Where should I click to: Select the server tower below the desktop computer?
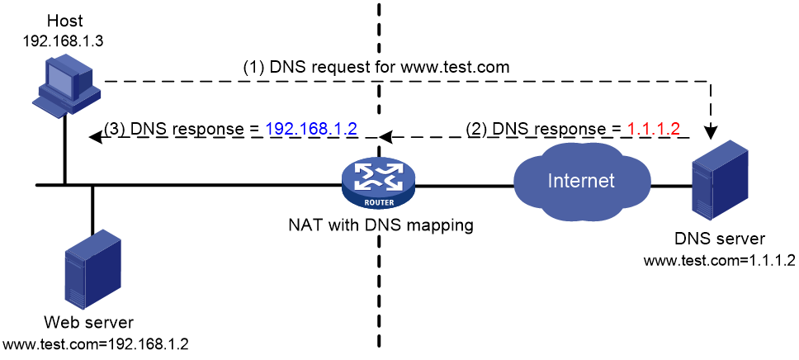tap(92, 269)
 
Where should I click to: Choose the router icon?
tap(378, 182)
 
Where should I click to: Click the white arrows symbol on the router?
tap(378, 175)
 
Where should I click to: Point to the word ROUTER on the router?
tap(379, 201)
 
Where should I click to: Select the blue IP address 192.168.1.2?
tap(310, 129)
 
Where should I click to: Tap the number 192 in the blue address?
tap(279, 129)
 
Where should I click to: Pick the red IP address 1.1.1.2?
tap(653, 129)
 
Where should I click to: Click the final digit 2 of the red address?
tap(674, 129)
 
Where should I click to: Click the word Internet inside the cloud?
tap(581, 181)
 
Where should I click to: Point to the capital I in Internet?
tap(551, 181)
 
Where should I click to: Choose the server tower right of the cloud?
tap(720, 180)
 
